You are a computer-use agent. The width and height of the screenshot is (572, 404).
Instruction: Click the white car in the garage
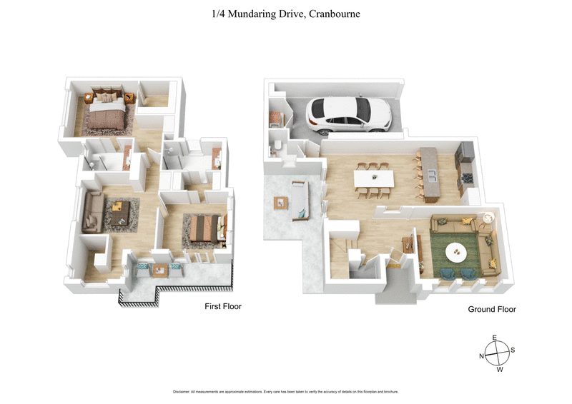click(x=348, y=114)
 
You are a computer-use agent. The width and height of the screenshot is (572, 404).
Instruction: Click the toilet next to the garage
click(x=276, y=147)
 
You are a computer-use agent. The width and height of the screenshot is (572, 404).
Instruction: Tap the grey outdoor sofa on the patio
click(x=299, y=199)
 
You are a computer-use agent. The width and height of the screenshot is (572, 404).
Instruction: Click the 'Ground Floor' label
click(x=492, y=310)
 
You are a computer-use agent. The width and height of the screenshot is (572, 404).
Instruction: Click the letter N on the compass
click(x=482, y=355)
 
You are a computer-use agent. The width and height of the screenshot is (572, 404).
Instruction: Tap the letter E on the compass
click(x=494, y=338)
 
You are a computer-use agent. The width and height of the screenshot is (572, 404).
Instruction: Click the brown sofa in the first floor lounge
click(x=93, y=213)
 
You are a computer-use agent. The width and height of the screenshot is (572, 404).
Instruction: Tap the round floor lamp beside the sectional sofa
click(x=488, y=217)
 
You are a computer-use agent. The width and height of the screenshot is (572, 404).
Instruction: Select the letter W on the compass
click(x=500, y=370)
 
